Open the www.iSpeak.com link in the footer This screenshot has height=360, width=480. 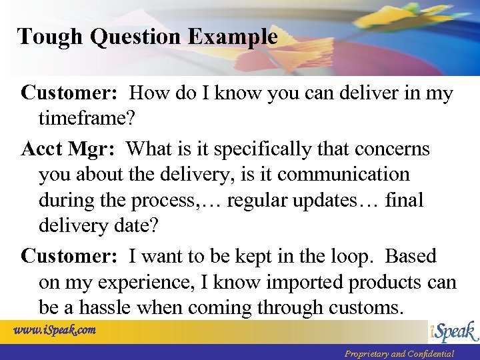point(55,330)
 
